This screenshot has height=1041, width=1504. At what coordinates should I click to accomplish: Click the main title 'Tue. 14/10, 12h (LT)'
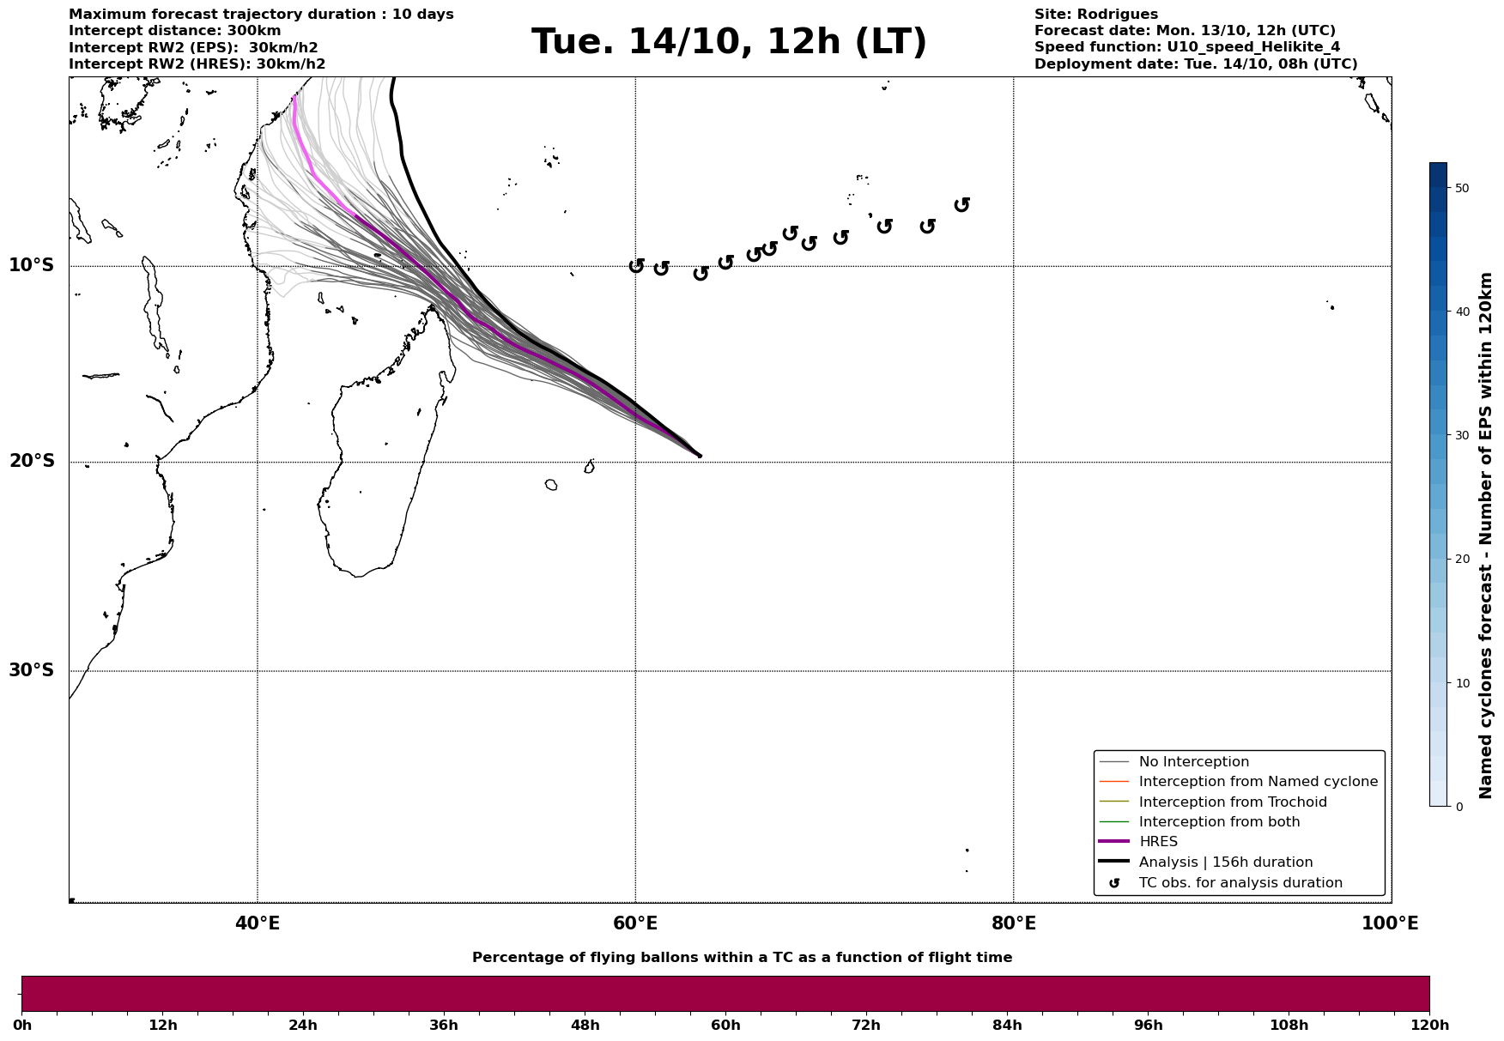click(x=729, y=42)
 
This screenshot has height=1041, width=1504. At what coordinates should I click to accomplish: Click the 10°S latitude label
click(x=32, y=265)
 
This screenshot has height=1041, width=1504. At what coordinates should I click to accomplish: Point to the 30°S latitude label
click(x=32, y=670)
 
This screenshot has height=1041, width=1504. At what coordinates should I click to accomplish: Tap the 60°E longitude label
click(x=635, y=923)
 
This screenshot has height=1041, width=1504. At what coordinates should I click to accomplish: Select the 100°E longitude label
click(x=1389, y=923)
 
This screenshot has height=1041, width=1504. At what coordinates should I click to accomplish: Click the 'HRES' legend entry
click(x=1158, y=842)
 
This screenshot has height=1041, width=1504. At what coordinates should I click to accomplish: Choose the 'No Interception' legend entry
click(x=1193, y=762)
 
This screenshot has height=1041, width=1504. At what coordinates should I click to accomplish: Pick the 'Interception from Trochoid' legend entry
click(x=1232, y=802)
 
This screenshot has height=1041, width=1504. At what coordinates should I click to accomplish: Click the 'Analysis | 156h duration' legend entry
click(x=1225, y=862)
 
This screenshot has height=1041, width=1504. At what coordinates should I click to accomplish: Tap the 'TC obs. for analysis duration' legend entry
click(x=1240, y=883)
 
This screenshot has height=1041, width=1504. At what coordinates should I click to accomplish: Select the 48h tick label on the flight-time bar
click(x=585, y=1025)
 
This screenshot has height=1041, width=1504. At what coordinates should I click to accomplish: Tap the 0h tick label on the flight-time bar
click(x=22, y=1025)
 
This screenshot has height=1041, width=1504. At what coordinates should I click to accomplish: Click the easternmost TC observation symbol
click(x=961, y=204)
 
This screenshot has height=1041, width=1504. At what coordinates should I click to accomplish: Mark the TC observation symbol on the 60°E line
click(x=636, y=266)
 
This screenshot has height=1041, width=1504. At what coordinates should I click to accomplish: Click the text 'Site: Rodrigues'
click(x=1095, y=15)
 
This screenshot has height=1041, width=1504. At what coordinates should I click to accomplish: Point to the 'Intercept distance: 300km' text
click(x=174, y=31)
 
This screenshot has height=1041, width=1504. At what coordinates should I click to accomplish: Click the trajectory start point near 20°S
click(x=700, y=456)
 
